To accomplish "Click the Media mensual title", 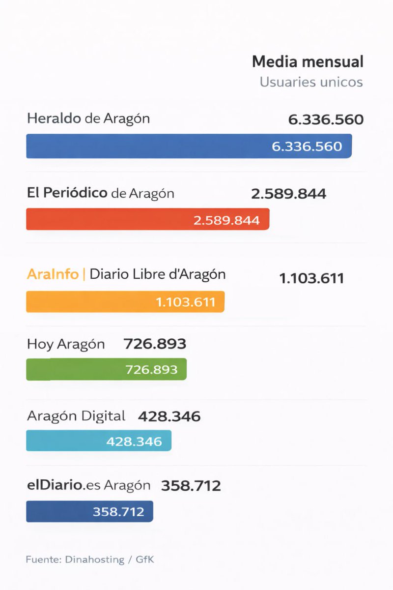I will coord(308,62).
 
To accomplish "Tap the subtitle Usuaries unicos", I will coord(311,82).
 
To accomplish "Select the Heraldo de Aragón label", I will coord(88,118).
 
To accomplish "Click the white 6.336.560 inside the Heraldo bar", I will coord(307,146).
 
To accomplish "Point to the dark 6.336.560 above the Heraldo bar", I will coord(326,119).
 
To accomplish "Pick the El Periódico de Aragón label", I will coord(100,193).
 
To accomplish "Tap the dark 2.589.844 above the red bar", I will coord(288,193).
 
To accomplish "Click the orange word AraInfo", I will coord(53,274).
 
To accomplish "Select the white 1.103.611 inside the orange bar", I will coord(186,301).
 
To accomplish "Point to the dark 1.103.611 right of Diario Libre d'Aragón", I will coord(311,278).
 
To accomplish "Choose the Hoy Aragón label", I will coord(66,344).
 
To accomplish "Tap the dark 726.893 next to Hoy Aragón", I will coord(155,344).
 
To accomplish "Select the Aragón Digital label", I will coord(76,416).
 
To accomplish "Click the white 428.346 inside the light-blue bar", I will coord(134,441).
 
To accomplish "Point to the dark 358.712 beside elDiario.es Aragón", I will coord(191,486).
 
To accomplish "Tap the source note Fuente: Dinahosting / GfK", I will coord(90,560).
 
